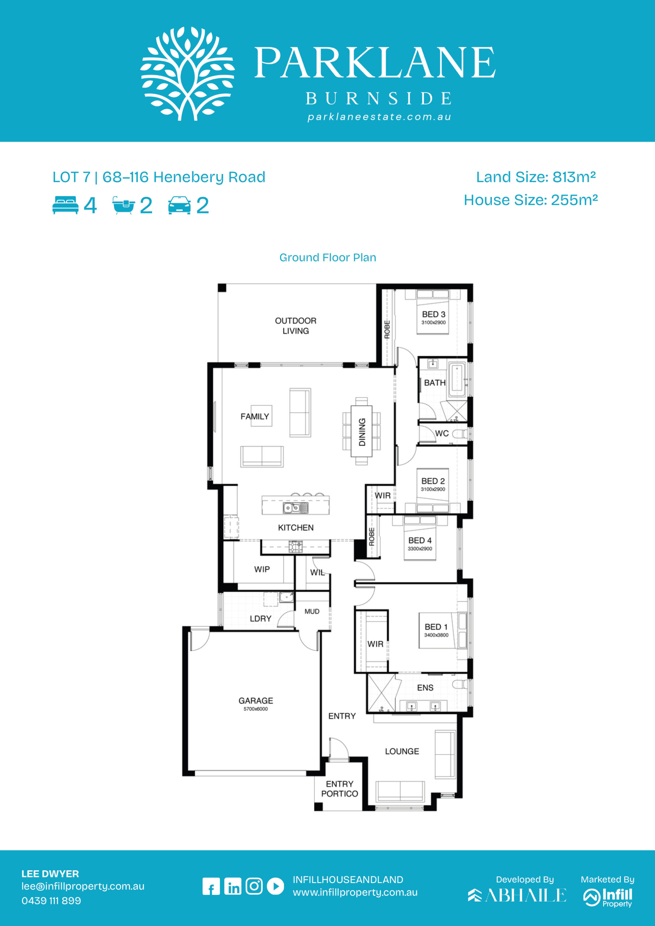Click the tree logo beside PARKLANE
point(187,73)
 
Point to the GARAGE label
point(256,701)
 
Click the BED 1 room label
point(436,627)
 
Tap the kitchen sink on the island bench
point(295,508)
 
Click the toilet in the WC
point(460,434)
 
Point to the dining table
point(362,431)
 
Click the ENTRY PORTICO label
point(339,789)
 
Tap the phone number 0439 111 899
point(51,901)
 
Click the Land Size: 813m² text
point(536,177)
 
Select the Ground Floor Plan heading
point(328,257)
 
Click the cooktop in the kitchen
point(295,547)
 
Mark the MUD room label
point(312,611)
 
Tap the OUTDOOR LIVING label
point(296,326)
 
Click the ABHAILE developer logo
point(517,895)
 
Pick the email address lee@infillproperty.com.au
point(83,886)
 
